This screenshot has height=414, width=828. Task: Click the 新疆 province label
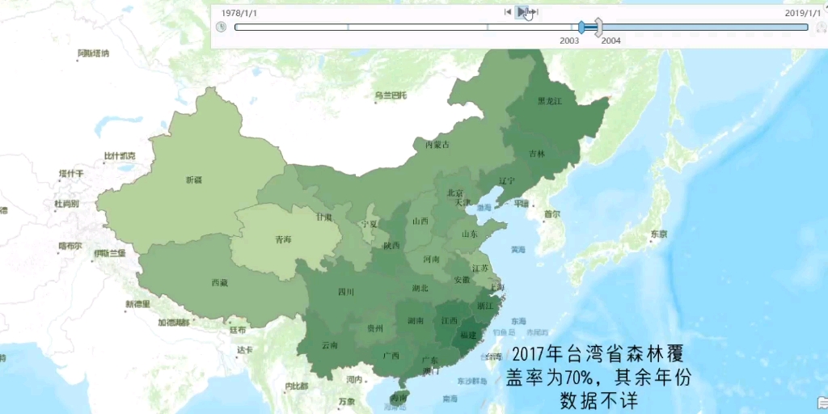pyautogui.click(x=194, y=180)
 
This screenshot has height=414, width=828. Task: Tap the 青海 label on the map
pyautogui.click(x=283, y=239)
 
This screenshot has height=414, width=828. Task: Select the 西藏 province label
pyautogui.click(x=219, y=282)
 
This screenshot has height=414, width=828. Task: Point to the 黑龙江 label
pyautogui.click(x=549, y=101)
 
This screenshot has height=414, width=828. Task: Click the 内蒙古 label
pyautogui.click(x=437, y=145)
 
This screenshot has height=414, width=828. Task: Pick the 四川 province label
pyautogui.click(x=346, y=292)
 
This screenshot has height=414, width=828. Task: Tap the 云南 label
pyautogui.click(x=330, y=345)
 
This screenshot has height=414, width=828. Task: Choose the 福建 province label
pyautogui.click(x=468, y=334)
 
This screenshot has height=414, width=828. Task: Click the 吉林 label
pyautogui.click(x=537, y=153)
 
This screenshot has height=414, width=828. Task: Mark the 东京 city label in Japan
pyautogui.click(x=657, y=234)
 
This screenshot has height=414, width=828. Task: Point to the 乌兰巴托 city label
pyautogui.click(x=389, y=95)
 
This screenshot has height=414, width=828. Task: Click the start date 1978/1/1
pyautogui.click(x=239, y=14)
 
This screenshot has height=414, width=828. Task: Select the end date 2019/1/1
pyautogui.click(x=802, y=14)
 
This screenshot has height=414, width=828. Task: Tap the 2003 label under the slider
pyautogui.click(x=569, y=40)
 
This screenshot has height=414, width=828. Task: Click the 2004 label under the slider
pyautogui.click(x=611, y=40)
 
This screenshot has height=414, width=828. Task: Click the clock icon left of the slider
pyautogui.click(x=222, y=27)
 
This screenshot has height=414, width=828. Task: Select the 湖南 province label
pyautogui.click(x=416, y=321)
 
